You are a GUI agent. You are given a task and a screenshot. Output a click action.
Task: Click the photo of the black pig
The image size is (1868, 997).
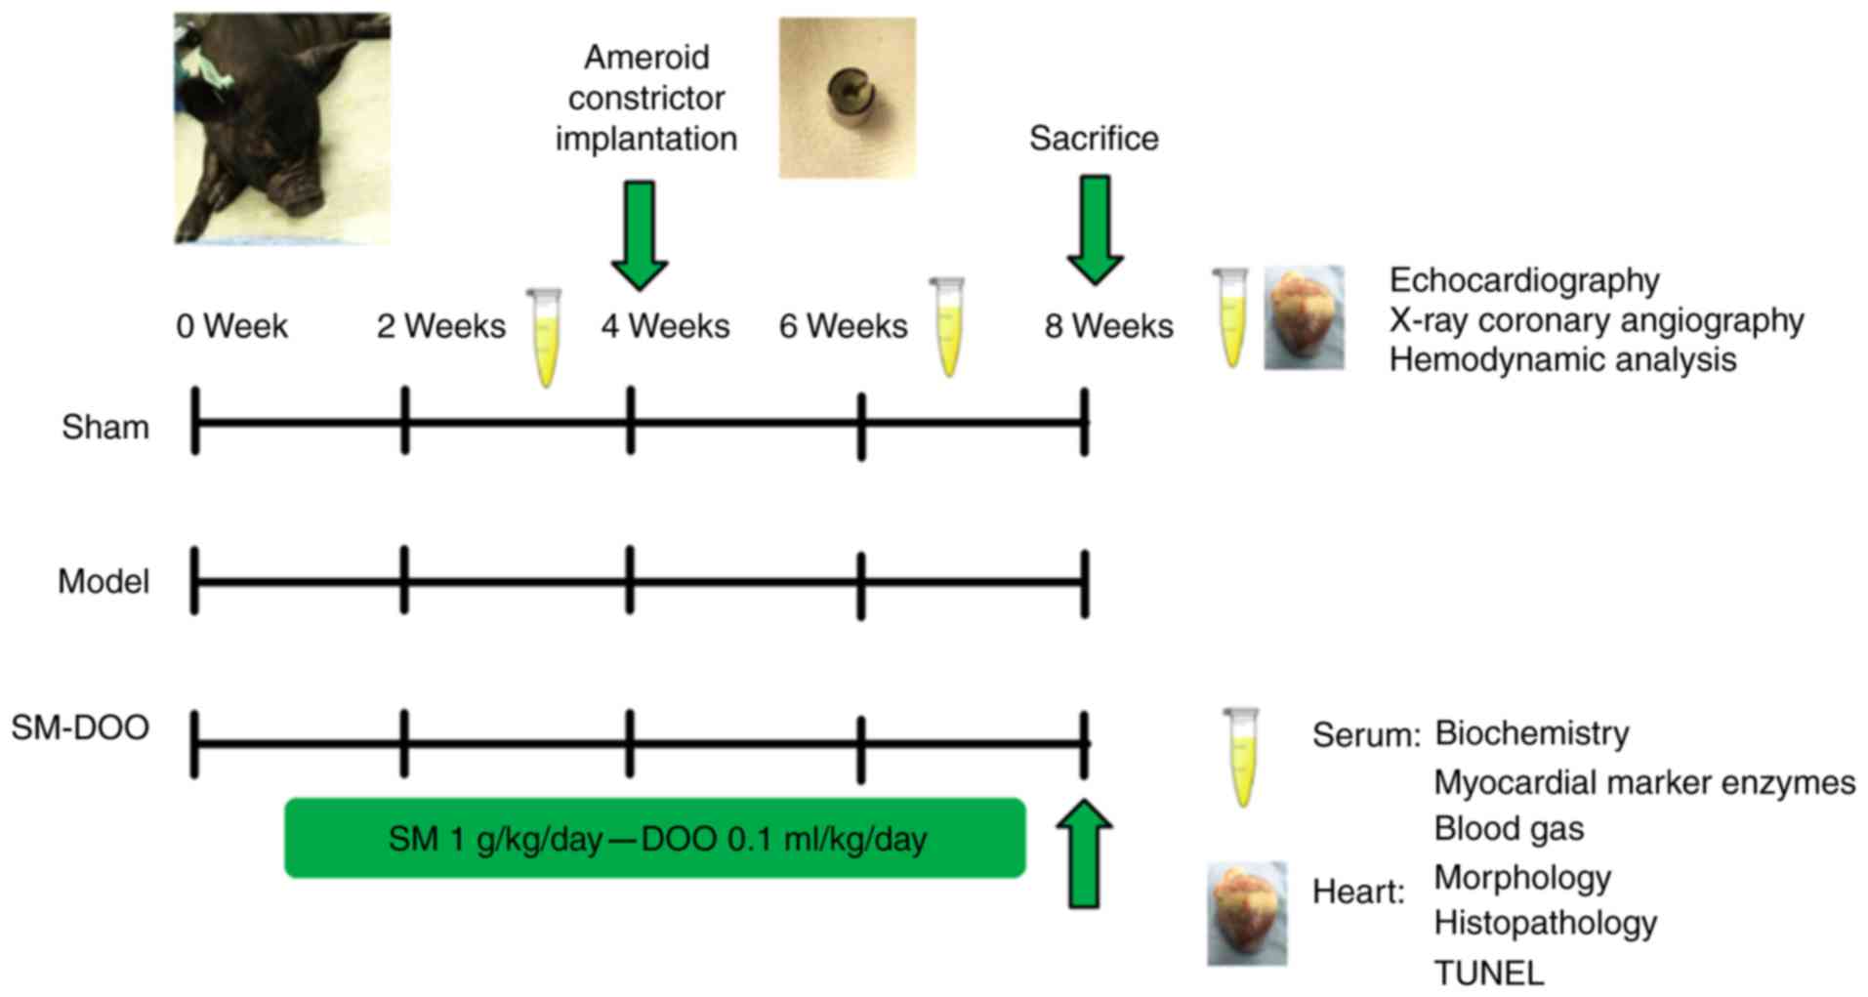281,128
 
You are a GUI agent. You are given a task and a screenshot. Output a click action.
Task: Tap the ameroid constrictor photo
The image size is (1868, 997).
847,98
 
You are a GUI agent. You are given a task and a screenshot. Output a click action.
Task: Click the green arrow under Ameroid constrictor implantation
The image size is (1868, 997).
640,234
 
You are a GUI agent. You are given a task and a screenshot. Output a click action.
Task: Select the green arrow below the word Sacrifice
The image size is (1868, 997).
1095,230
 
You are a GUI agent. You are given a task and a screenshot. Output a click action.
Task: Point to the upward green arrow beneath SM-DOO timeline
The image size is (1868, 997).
1084,854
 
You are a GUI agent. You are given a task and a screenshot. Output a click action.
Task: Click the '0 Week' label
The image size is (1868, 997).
231,326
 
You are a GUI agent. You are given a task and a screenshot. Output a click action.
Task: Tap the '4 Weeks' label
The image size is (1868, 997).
665,326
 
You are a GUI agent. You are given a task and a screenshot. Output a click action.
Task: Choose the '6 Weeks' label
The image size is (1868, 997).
843,326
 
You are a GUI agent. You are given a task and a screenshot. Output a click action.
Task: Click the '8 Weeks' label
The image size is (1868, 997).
1108,326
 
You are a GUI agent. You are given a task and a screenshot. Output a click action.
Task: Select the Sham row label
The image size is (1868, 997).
105,428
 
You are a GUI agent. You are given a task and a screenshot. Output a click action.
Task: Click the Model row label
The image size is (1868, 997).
104,582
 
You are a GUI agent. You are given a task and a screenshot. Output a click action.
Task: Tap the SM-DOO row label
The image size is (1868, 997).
80,728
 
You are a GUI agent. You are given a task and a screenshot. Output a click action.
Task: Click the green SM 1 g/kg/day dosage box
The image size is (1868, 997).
654,839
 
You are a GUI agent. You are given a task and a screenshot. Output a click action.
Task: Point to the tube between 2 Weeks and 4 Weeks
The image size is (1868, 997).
544,336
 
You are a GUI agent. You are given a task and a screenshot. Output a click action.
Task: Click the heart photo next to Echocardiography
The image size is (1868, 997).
1304,318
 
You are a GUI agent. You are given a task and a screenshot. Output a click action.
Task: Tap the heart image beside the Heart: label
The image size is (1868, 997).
1247,914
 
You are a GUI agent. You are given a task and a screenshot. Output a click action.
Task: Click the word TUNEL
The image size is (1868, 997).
1488,974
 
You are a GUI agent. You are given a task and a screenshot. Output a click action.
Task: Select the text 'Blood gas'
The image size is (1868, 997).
1509,829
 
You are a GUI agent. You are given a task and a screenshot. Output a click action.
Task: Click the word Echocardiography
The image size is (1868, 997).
1524,281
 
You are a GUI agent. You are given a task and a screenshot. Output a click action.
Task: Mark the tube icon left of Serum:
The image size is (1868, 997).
1241,758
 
